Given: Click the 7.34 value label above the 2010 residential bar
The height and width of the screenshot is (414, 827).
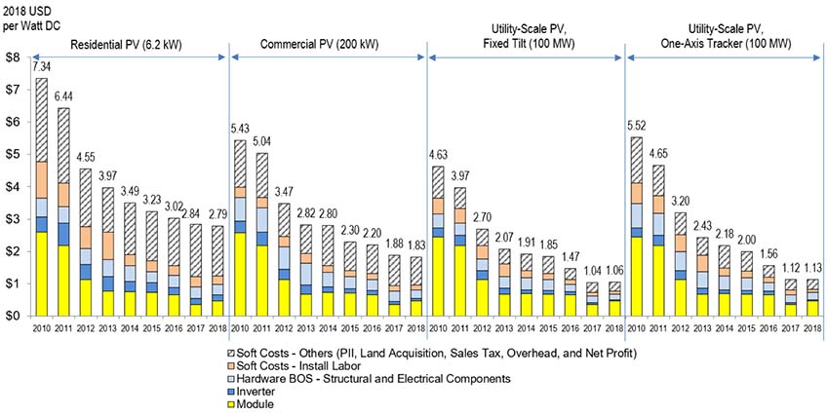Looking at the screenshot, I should [x=41, y=67].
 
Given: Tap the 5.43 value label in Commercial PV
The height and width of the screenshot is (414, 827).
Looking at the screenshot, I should [x=241, y=130].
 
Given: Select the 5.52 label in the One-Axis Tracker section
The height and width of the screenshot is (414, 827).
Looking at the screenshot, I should [x=636, y=126].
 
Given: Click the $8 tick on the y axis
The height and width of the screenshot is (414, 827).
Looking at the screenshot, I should [x=12, y=57].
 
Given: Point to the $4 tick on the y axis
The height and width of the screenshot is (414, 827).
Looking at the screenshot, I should [x=12, y=187].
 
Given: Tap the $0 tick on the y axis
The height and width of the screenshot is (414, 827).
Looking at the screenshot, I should [x=12, y=316].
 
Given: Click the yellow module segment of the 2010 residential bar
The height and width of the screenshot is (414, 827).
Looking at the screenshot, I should [x=42, y=274].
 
